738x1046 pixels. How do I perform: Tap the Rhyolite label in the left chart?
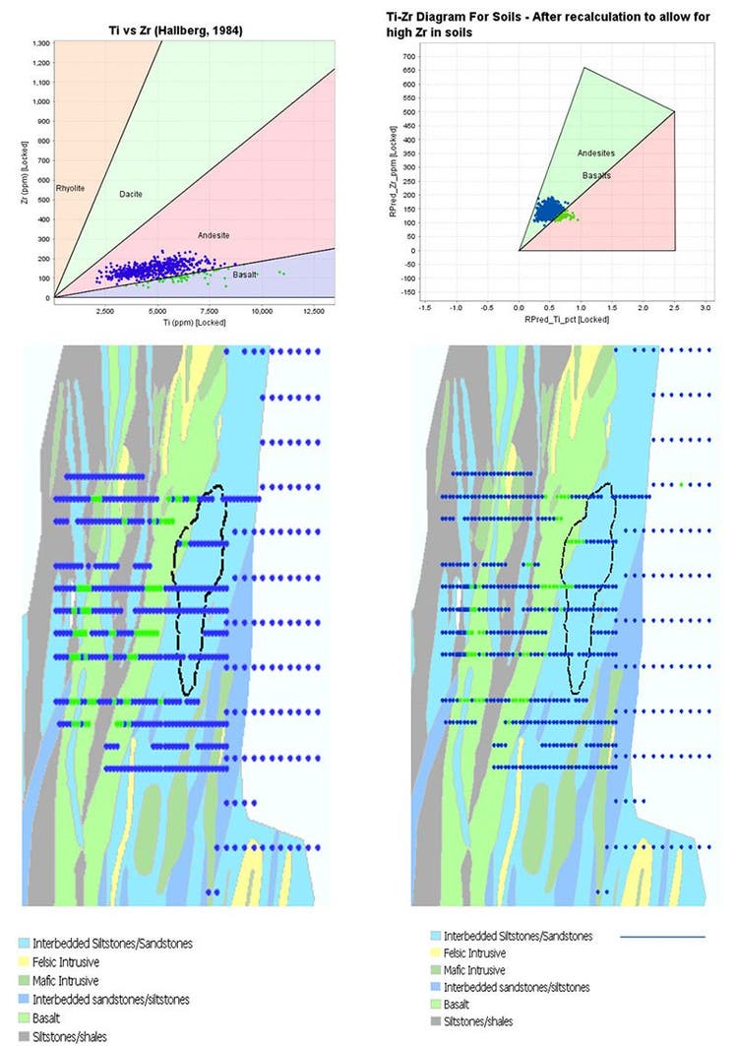(x=70, y=186)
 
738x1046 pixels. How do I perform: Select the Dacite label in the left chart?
(x=131, y=194)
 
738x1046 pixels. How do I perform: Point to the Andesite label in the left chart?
(x=214, y=235)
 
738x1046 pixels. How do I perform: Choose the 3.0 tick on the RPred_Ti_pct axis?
(x=705, y=308)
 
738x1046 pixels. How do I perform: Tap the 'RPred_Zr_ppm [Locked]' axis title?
(x=393, y=169)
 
